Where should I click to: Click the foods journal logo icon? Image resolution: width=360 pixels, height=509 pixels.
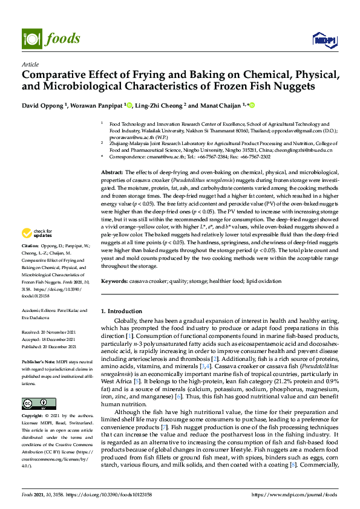click(x=30, y=37)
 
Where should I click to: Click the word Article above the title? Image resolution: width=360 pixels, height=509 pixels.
click(x=30, y=64)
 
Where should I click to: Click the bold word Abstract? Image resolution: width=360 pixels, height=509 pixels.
click(x=113, y=172)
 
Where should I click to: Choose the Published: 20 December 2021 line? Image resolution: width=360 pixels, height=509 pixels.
click(x=48, y=346)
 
